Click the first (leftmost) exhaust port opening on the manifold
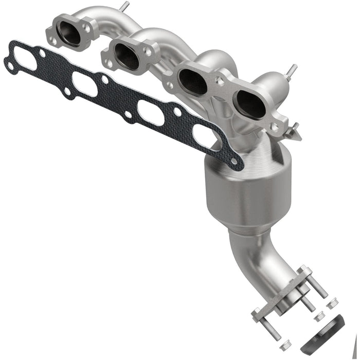point(69,33)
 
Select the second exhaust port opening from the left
point(126,56)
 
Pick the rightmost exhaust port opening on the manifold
point(250,104)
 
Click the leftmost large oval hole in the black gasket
point(27,61)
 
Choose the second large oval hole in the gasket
point(85,83)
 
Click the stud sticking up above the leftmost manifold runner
point(124,6)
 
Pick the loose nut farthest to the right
point(331,304)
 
